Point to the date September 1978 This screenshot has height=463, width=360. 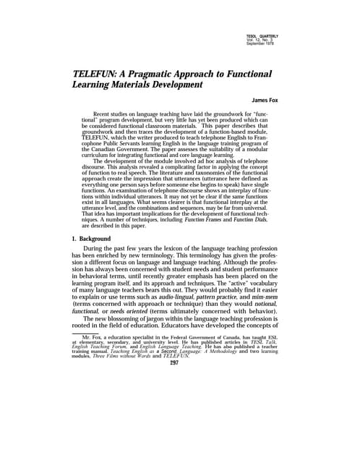262,44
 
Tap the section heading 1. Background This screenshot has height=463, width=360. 90,239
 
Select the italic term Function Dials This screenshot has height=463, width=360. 265,219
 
